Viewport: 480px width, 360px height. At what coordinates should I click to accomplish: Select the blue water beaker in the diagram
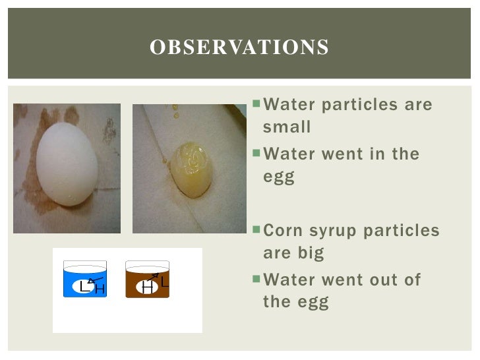pyautogui.click(x=85, y=280)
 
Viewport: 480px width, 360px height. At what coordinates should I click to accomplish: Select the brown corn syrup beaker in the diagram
pyautogui.click(x=148, y=280)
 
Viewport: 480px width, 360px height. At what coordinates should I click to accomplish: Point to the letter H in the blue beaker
pyautogui.click(x=100, y=289)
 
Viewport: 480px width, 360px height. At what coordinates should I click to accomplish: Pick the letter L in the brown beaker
pyautogui.click(x=165, y=282)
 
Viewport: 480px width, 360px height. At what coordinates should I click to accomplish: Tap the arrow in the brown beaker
pyautogui.click(x=154, y=278)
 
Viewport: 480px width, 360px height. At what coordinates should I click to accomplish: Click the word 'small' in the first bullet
pyautogui.click(x=286, y=127)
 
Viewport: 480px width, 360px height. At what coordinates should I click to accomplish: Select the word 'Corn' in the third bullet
pyautogui.click(x=284, y=231)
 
